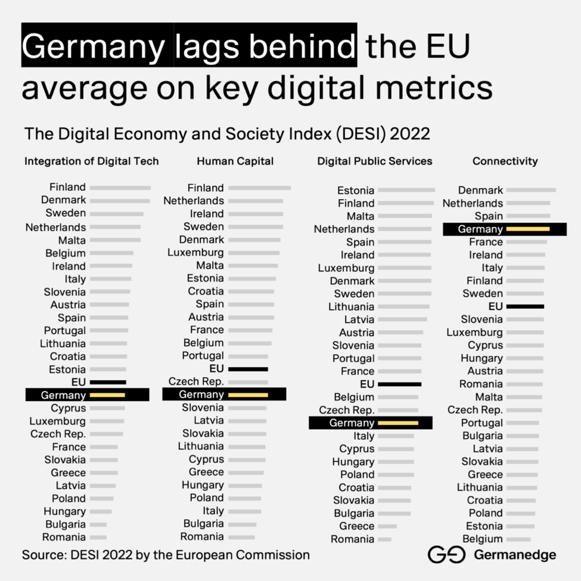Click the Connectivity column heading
(x=505, y=161)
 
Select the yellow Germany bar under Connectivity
(x=527, y=229)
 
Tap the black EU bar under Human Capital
(x=248, y=369)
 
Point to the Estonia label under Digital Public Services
(x=356, y=191)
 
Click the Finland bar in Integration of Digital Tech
(x=120, y=188)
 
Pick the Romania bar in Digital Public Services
(x=384, y=539)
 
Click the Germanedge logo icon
(x=446, y=555)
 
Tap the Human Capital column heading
(x=235, y=161)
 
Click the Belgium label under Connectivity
(x=483, y=539)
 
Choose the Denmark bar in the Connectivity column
(x=530, y=191)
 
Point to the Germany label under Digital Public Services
(x=352, y=423)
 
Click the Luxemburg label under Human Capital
(x=195, y=253)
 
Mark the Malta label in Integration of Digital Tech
(x=72, y=240)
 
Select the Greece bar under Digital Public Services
(x=387, y=526)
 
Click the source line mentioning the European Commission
(x=166, y=555)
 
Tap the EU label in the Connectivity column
(x=495, y=306)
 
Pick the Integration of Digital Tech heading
(x=91, y=161)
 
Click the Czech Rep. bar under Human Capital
(x=248, y=382)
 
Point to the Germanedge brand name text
(x=515, y=555)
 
